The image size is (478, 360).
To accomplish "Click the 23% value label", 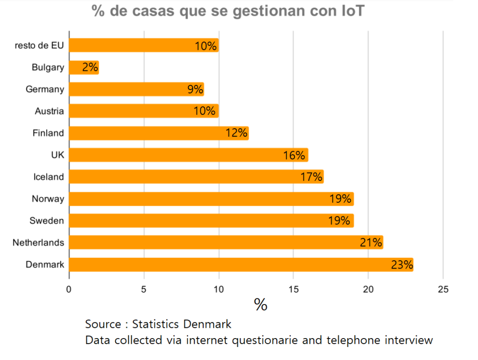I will [402, 265].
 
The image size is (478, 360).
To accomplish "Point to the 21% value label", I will [371, 242].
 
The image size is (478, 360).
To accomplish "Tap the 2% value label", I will [90, 68].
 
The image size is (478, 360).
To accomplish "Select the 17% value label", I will [311, 177].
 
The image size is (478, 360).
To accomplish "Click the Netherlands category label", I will [38, 243].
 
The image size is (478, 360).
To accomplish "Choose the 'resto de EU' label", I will [39, 46].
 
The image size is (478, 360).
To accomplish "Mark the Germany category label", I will [45, 90].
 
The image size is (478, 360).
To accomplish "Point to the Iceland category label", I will [49, 177].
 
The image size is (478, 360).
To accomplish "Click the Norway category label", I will [48, 199].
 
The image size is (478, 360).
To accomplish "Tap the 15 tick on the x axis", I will [293, 290].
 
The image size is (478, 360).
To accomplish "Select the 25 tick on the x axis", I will [443, 290].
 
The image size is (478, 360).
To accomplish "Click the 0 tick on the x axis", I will [69, 290].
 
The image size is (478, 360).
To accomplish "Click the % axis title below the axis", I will [260, 305].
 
